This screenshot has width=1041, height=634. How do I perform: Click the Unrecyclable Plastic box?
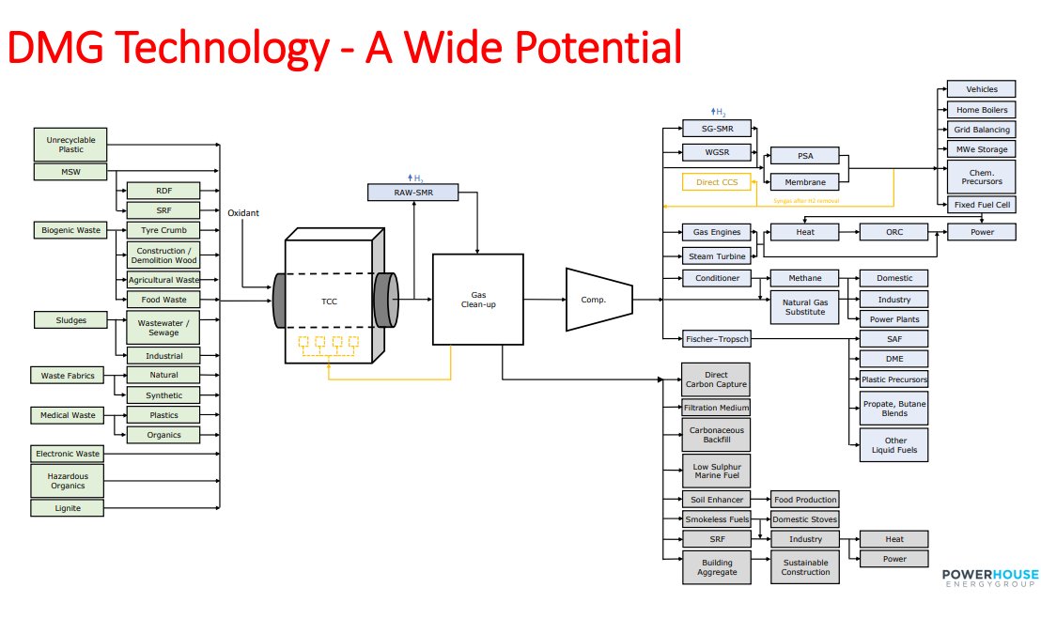click(70, 144)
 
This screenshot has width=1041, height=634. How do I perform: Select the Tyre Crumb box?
click(163, 230)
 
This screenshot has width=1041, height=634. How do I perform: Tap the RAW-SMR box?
click(412, 193)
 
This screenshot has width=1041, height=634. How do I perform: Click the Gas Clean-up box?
click(478, 300)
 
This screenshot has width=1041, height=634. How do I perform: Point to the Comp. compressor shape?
click(592, 300)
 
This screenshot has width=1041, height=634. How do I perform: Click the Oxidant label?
click(242, 213)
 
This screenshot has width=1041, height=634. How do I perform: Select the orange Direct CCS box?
click(717, 182)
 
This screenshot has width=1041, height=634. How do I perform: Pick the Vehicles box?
click(981, 89)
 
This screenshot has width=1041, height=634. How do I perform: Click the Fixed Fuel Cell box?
click(981, 204)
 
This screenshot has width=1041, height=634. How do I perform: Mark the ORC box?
click(893, 232)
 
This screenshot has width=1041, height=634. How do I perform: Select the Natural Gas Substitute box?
click(804, 306)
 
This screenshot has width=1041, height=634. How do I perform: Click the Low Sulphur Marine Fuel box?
click(716, 471)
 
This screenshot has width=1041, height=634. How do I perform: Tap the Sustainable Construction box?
click(805, 566)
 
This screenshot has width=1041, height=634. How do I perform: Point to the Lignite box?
click(68, 508)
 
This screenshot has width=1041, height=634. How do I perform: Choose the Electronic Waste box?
click(68, 454)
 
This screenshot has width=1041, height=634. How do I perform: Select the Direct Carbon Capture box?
click(716, 379)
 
